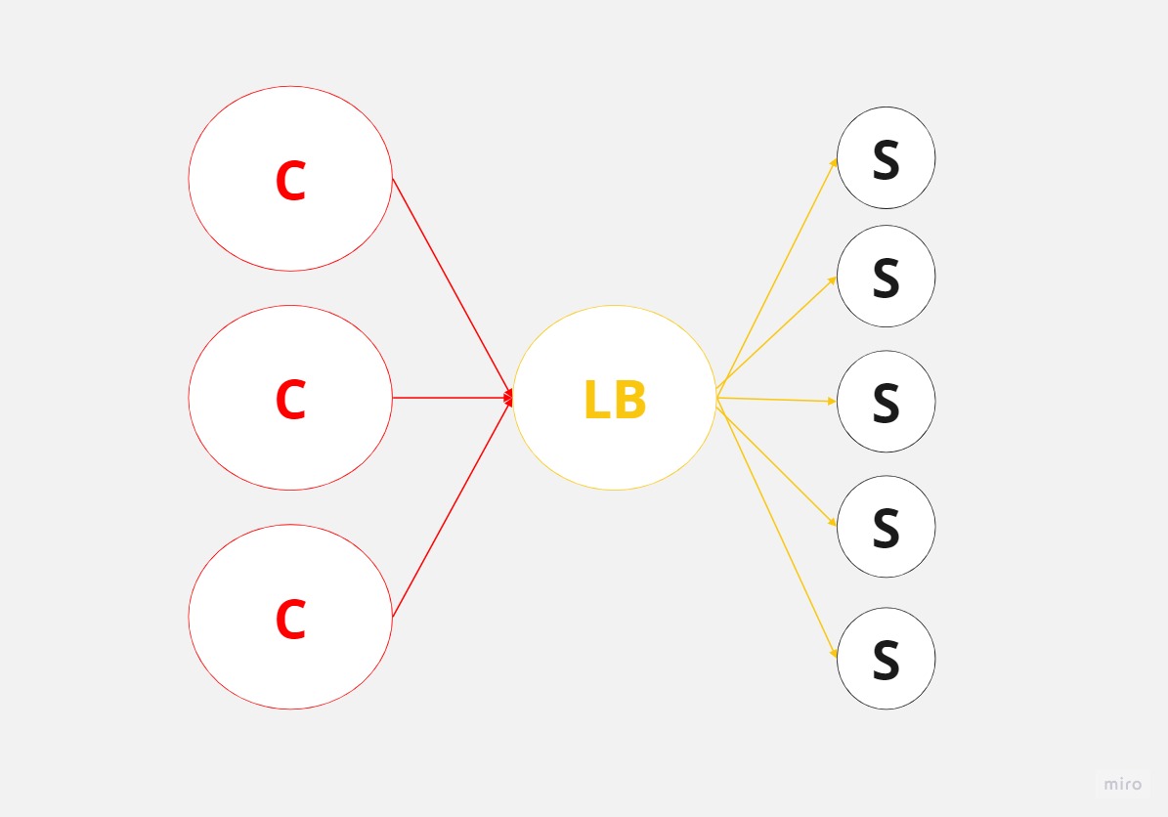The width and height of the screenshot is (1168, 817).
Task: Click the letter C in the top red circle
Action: click(290, 180)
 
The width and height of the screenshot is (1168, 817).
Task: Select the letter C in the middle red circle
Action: click(290, 399)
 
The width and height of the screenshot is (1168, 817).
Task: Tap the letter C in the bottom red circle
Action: click(290, 619)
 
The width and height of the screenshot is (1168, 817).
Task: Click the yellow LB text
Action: click(615, 399)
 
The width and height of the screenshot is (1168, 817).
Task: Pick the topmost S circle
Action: click(886, 158)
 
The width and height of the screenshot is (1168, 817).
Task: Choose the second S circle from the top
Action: click(886, 277)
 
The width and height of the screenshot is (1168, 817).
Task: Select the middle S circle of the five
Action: click(886, 402)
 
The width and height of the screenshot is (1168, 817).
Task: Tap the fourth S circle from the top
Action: click(886, 527)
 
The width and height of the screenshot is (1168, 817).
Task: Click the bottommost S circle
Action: click(886, 659)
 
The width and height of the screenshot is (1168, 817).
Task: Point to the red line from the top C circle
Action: click(453, 288)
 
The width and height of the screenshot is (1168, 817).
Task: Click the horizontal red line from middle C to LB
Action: click(453, 398)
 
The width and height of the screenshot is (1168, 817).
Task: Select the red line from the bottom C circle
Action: click(453, 507)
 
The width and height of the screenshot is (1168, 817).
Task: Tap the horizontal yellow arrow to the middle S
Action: click(776, 400)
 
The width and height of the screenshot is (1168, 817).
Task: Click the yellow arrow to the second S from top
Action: click(776, 333)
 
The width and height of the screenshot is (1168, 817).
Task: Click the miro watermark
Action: click(1123, 784)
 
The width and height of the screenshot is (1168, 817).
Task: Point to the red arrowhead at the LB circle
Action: click(509, 399)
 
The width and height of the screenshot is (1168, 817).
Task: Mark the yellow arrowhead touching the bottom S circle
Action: click(834, 653)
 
